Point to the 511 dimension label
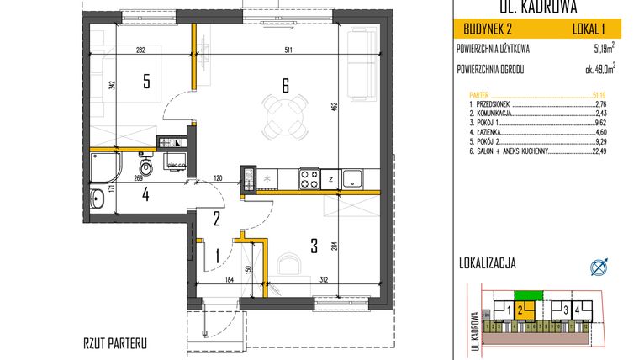click(290, 50)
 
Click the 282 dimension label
click(140, 50)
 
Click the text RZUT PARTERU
click(117, 343)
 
